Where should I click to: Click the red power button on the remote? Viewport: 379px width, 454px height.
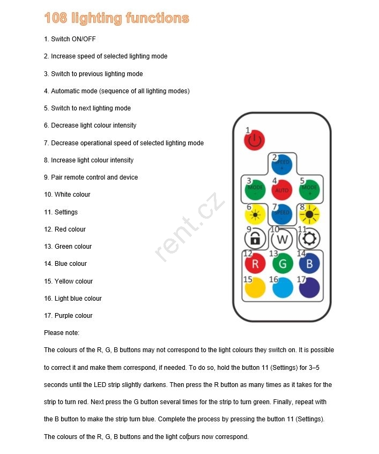coord(255,140)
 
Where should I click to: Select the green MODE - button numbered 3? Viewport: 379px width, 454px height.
coord(255,189)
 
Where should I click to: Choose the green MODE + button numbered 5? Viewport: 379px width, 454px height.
coord(309,189)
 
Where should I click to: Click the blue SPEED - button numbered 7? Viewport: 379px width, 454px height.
coord(282,214)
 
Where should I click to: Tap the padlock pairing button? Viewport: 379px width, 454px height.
coord(255,238)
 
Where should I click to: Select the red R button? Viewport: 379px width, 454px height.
coord(255,263)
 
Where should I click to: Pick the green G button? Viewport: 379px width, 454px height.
coord(283,263)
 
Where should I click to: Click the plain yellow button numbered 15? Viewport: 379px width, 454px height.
coord(255,288)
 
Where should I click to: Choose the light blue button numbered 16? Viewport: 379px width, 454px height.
coord(283,288)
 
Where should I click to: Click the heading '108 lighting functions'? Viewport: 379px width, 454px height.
coord(116,18)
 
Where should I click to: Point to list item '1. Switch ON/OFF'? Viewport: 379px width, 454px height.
coord(70,39)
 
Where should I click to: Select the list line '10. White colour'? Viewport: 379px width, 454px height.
coord(67,195)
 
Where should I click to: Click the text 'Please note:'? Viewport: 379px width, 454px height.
coord(62,333)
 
